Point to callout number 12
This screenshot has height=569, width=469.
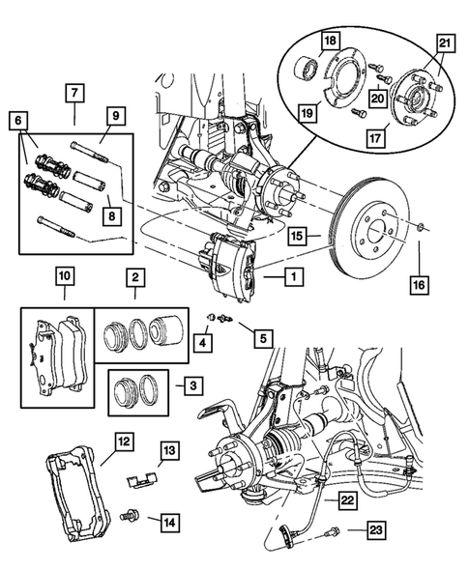pyautogui.click(x=124, y=441)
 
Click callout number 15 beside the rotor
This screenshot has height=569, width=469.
pyautogui.click(x=298, y=235)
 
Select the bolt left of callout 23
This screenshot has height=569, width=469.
pyautogui.click(x=334, y=529)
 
